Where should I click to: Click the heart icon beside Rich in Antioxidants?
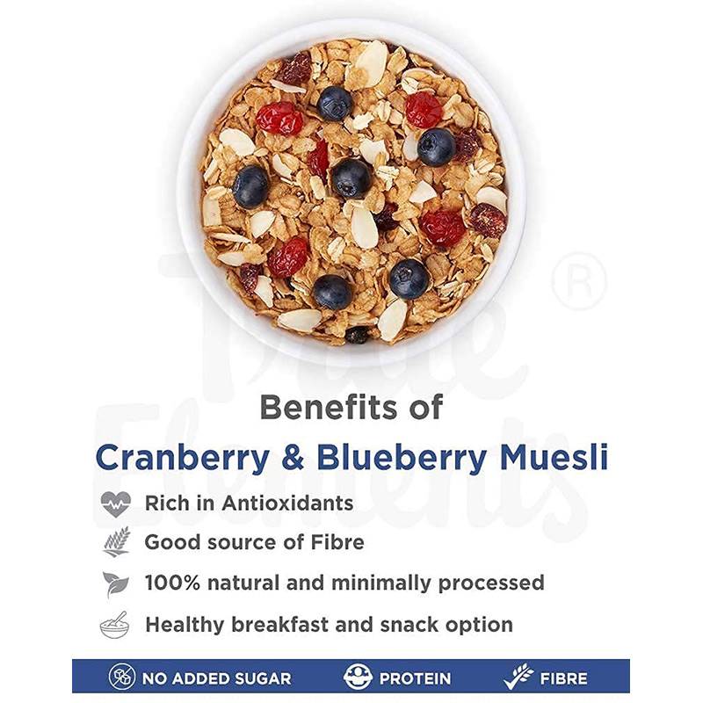click(115, 504)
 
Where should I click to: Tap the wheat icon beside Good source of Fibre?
click(115, 541)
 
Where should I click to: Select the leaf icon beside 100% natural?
click(115, 583)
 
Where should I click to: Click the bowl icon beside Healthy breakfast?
click(115, 625)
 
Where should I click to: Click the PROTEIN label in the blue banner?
click(415, 678)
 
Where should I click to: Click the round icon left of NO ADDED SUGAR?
click(122, 678)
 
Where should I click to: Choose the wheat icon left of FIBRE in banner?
click(518, 678)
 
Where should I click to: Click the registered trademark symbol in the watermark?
click(580, 281)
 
